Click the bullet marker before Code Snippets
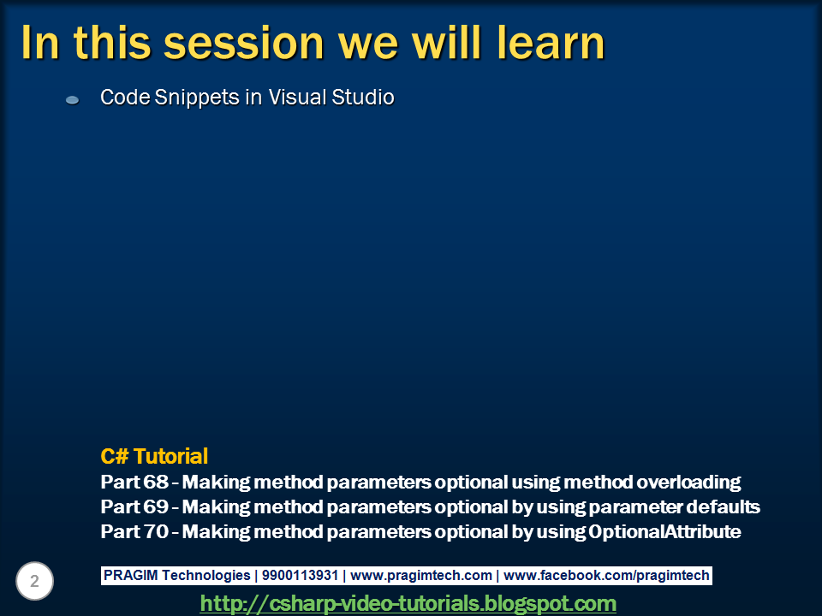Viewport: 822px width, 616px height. tap(73, 100)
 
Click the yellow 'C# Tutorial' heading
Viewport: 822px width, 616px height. tap(154, 456)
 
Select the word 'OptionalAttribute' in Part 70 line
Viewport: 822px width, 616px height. tap(664, 531)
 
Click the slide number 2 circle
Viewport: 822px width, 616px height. tap(35, 582)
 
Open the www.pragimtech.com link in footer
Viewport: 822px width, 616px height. tap(421, 576)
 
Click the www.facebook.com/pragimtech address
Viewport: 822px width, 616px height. tap(606, 576)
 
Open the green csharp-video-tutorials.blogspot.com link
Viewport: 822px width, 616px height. tap(408, 603)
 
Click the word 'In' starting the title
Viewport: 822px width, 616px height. tap(40, 43)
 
